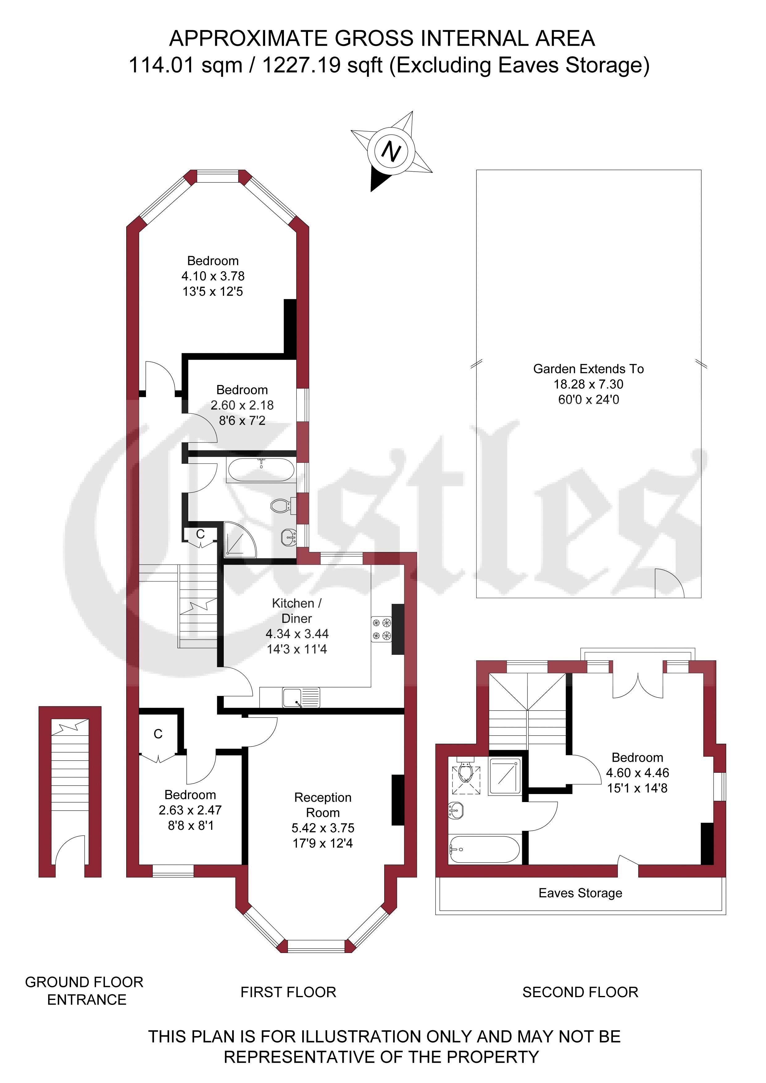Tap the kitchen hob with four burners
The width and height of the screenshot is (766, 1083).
tap(381, 629)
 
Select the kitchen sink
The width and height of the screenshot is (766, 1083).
tap(301, 698)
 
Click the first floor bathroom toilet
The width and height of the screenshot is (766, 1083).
tap(283, 506)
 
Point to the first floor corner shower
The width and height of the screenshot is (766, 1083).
tap(240, 539)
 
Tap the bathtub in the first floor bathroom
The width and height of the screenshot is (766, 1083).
tap(261, 470)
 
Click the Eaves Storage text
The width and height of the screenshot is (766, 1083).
tap(580, 893)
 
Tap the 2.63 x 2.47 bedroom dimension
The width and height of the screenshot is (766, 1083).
tap(190, 810)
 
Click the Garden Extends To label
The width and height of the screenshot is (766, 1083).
tap(588, 369)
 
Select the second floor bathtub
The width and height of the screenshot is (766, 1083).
tap(485, 850)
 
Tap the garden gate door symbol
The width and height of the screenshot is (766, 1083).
tap(669, 583)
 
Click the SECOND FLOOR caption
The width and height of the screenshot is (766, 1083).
tap(580, 992)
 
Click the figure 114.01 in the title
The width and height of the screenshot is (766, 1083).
tap(161, 65)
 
